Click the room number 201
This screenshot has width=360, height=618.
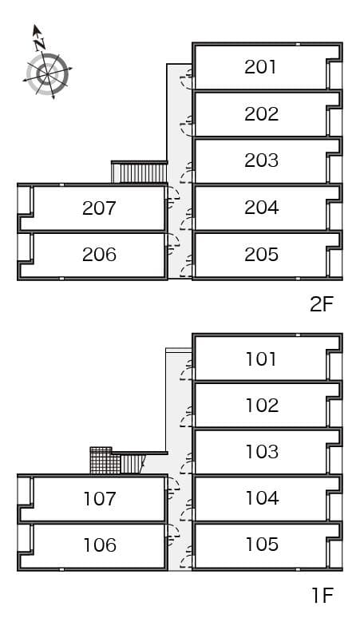click(261, 67)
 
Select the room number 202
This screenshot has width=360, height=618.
click(261, 114)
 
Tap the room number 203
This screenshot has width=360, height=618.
click(261, 160)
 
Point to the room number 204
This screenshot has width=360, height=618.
click(261, 208)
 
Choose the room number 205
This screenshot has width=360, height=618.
click(261, 255)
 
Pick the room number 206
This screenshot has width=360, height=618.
click(99, 255)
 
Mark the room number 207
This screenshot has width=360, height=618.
click(99, 208)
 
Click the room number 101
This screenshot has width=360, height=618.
click(261, 359)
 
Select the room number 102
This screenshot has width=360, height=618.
click(261, 405)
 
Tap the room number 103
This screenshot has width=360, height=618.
click(261, 452)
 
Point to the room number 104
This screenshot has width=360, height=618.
click(261, 498)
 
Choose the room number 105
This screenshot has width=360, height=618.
click(261, 545)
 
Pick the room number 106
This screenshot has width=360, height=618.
click(99, 545)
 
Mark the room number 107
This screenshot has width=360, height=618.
click(99, 499)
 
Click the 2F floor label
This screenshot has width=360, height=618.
click(321, 303)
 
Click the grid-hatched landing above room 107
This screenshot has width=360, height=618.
click(101, 462)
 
